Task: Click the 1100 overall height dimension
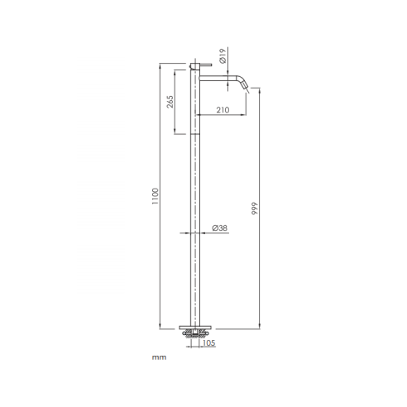point(156,196)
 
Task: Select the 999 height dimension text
point(255,208)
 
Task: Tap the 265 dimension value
point(170,102)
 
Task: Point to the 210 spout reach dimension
point(223,110)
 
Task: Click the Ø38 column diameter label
point(220,228)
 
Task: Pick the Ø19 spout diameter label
point(223,55)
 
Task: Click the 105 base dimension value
point(208,343)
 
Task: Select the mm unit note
point(159,357)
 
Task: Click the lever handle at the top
point(205,65)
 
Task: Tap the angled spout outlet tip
point(246,87)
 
